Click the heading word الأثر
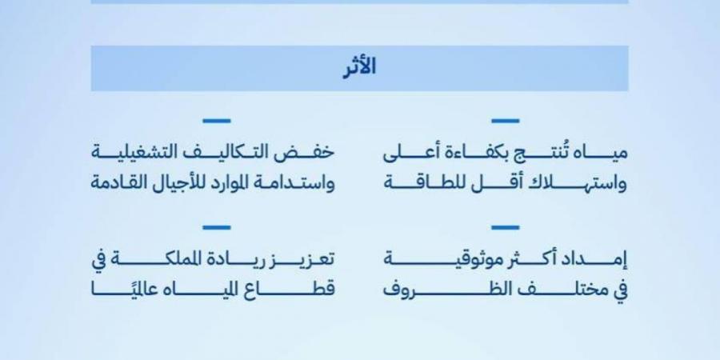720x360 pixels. click(359, 68)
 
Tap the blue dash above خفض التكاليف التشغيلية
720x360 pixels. click(216, 121)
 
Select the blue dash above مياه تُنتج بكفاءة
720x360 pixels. click(505, 121)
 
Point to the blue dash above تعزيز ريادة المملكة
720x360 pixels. click(216, 227)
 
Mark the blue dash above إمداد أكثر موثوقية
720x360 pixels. click(505, 227)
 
